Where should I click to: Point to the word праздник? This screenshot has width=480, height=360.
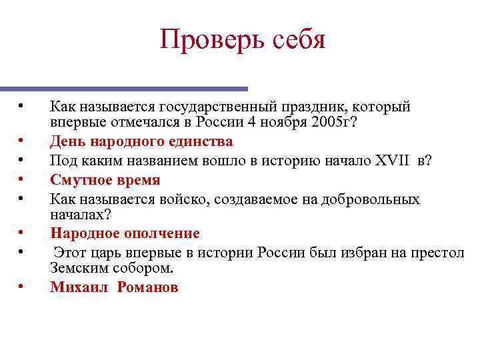[x=313, y=107]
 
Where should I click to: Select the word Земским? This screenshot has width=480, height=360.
[x=77, y=268]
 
